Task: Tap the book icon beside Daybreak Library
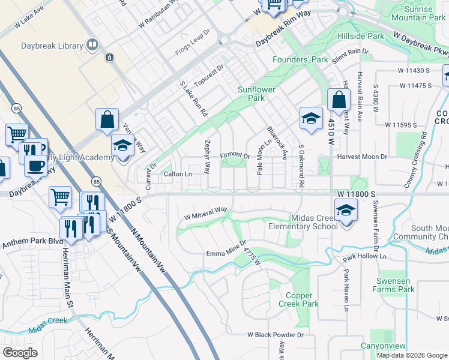[92, 45]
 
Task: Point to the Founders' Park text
[300, 59]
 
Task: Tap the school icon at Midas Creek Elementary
[346, 211]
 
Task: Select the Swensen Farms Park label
[395, 285]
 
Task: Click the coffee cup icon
[35, 165]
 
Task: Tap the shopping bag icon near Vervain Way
[107, 119]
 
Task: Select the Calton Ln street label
[178, 174]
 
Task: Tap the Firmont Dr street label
[235, 156]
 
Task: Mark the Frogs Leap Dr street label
[193, 45]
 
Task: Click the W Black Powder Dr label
[275, 335]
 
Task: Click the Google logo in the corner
[20, 353]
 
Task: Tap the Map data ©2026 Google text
[412, 355]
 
